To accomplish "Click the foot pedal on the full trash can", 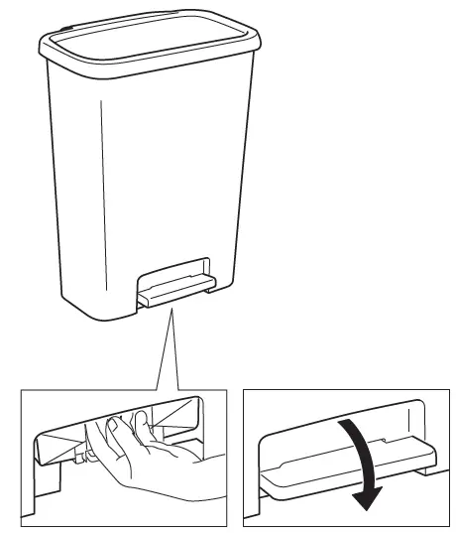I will click(x=176, y=290).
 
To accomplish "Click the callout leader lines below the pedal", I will click(x=169, y=347).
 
